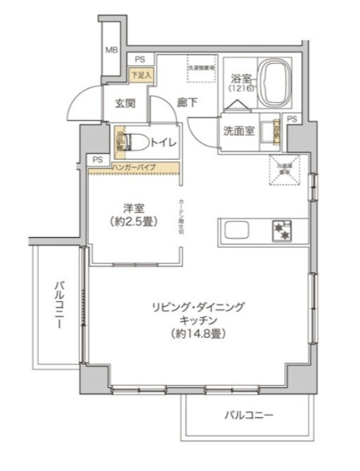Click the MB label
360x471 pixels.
coord(110,50)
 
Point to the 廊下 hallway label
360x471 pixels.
coord(187,104)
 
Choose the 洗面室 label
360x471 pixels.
coord(239,130)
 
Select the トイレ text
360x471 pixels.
coord(163,143)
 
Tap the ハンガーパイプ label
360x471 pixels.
coord(137,169)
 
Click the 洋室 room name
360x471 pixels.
coord(133,207)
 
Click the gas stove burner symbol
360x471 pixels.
coord(282,230)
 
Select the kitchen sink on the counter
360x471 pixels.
coord(238,231)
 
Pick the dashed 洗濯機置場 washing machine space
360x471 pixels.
coord(201,68)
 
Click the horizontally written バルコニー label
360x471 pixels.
coord(249,416)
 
